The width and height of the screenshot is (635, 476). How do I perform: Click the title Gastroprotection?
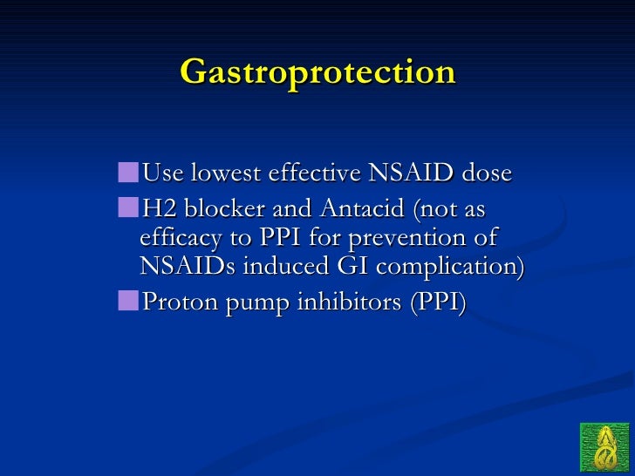click(317, 72)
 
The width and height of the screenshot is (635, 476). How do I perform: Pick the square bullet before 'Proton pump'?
click(129, 301)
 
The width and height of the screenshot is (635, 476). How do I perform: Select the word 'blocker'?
click(211, 210)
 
